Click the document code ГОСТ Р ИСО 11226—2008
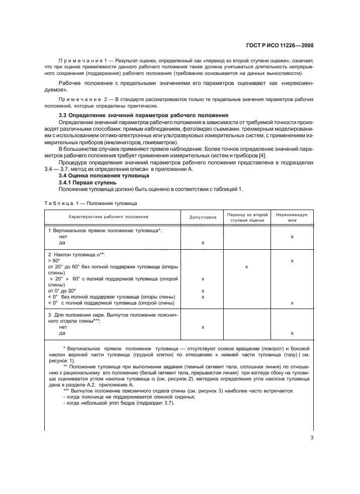tap(286, 45)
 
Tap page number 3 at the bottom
tap(312, 437)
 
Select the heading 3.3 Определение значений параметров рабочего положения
tap(144, 116)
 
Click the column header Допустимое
tap(203, 217)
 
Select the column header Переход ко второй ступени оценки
tap(246, 217)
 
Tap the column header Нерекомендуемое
tap(292, 217)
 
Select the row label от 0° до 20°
tap(62, 290)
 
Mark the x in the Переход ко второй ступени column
tap(246, 267)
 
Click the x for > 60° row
tap(292, 261)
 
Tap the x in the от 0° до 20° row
tap(203, 290)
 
